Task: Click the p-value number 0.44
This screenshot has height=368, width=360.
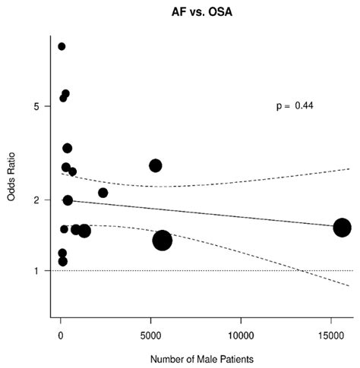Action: tap(305, 106)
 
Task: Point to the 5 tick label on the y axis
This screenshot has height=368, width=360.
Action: tap(36, 106)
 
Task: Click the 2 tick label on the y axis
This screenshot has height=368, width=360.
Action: tap(36, 200)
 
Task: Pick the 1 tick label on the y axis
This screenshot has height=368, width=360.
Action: tap(36, 271)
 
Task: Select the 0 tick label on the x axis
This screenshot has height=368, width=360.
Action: tap(61, 332)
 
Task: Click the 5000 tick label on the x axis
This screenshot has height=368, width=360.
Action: tap(150, 332)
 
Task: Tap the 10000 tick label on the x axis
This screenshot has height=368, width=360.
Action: tap(241, 332)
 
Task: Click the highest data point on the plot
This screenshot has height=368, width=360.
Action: tap(62, 46)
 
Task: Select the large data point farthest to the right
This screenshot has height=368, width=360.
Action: tap(343, 227)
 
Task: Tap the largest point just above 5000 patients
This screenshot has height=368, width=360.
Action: tap(163, 241)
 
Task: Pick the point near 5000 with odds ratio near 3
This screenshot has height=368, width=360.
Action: tap(156, 165)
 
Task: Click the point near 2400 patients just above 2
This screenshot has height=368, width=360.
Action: tap(103, 193)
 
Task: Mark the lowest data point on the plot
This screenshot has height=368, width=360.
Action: tap(62, 262)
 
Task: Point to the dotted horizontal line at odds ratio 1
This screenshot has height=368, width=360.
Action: tap(228, 271)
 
